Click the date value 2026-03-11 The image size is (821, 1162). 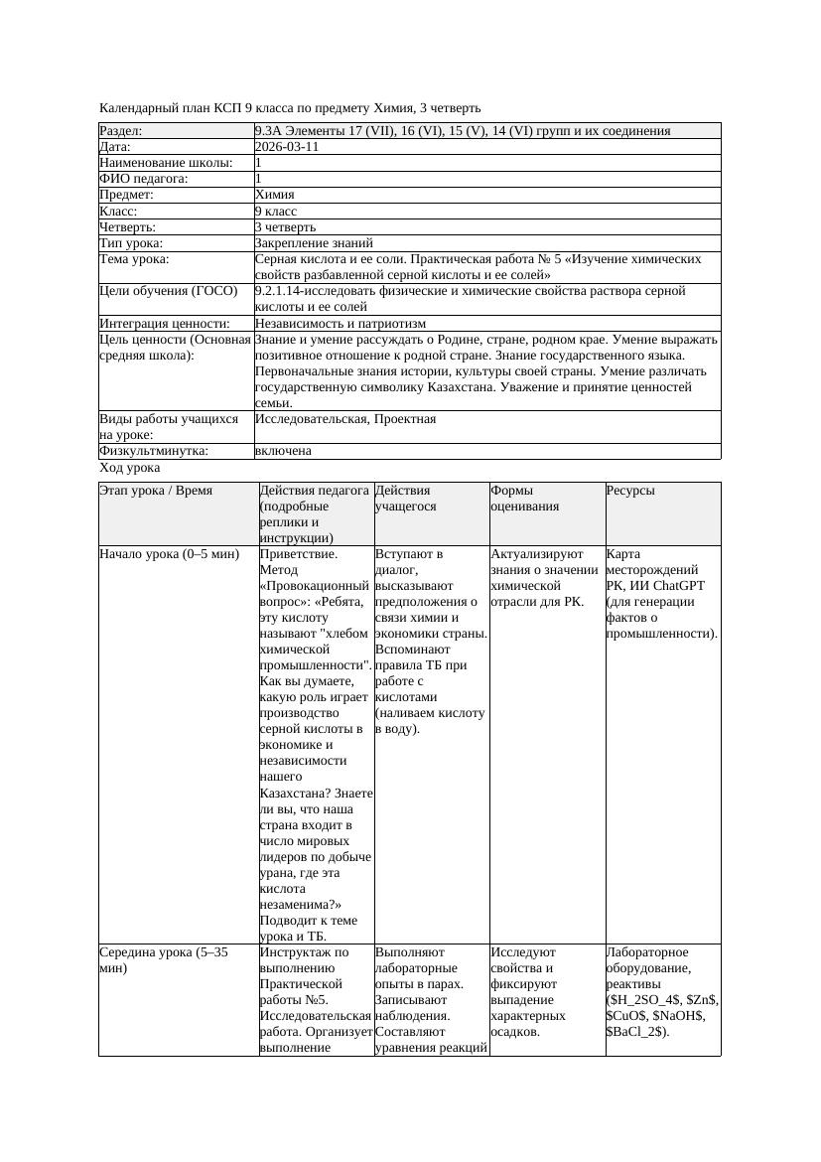pos(287,147)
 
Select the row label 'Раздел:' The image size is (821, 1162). pos(121,131)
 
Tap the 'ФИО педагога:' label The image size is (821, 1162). pos(144,179)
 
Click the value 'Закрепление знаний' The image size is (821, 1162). pos(314,242)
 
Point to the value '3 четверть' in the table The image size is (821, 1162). pos(285,226)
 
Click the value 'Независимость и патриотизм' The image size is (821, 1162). pos(340,324)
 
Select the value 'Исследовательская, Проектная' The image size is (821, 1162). pos(344,419)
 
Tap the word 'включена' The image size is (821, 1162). pos(283,451)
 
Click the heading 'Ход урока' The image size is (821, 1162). pos(130,468)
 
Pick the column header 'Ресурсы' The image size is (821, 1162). pos(630,491)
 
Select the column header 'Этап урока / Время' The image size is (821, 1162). pos(156,491)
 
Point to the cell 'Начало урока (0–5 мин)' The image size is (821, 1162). pos(170,554)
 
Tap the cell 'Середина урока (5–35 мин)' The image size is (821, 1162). pos(164,959)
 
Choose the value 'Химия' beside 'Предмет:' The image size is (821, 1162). pos(274,195)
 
